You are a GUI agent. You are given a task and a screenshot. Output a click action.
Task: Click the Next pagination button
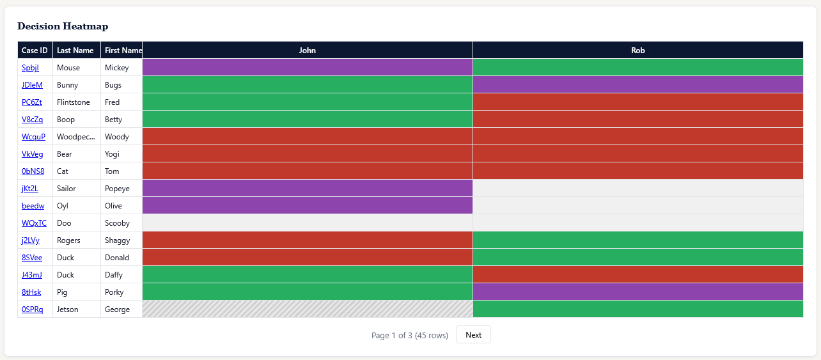click(473, 335)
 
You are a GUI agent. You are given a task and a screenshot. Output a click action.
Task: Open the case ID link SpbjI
click(30, 68)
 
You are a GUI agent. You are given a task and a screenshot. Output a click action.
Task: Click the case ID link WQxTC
click(34, 223)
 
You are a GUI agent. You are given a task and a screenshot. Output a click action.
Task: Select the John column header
click(308, 51)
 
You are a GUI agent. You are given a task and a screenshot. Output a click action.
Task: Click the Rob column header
click(637, 51)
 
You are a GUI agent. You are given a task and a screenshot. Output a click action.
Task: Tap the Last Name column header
click(75, 51)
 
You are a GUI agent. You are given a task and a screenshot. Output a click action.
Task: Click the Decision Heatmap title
click(63, 26)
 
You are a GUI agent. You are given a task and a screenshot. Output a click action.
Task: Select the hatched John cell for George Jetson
click(308, 309)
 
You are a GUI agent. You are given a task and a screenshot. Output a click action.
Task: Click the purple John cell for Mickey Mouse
click(308, 68)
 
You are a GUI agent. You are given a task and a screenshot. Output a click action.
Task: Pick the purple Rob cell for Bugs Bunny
click(637, 85)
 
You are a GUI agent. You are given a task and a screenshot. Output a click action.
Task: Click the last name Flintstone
click(74, 102)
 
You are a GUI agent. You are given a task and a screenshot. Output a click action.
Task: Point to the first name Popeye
click(117, 189)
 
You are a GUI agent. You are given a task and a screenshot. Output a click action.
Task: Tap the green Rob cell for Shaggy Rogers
click(637, 240)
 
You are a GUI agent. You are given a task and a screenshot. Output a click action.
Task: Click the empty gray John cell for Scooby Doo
click(308, 223)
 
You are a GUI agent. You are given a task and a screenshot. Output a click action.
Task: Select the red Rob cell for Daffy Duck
click(637, 275)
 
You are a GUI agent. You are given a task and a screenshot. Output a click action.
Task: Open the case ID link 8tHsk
click(31, 292)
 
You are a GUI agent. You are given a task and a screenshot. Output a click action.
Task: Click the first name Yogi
click(113, 154)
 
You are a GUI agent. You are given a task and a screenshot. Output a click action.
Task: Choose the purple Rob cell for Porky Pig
click(637, 292)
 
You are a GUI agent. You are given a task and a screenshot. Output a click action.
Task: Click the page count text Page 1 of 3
click(409, 336)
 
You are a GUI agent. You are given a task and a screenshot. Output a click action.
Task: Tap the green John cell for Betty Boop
click(308, 120)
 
